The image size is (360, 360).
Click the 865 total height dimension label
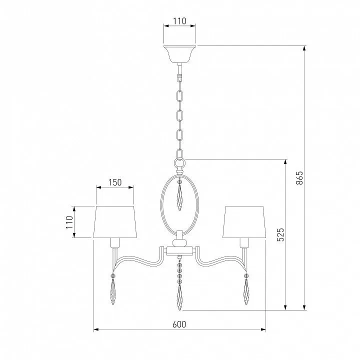coord(299,177)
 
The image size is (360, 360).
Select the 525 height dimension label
coord(280,234)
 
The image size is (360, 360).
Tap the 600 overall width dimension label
coord(179,324)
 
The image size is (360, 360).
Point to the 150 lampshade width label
coord(115,182)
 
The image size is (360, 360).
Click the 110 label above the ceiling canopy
coord(179,21)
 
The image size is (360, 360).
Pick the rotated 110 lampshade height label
coord(69,222)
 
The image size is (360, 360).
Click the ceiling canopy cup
coord(179,54)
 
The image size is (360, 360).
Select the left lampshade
coord(115,222)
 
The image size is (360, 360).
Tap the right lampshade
coord(244,222)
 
